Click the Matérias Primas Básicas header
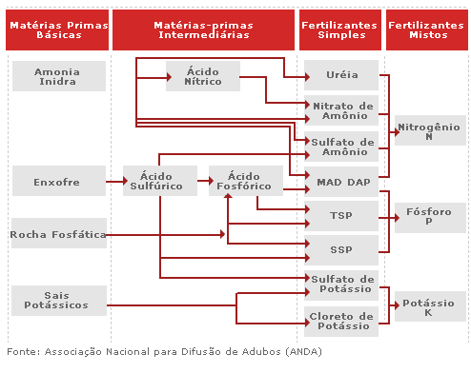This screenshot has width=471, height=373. [x=58, y=29]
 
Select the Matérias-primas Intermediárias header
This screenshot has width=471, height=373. [x=203, y=29]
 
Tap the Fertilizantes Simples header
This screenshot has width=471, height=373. [x=340, y=29]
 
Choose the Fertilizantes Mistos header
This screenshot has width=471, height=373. [x=426, y=29]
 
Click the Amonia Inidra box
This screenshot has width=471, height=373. [x=58, y=76]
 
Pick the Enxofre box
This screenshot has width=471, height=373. [x=58, y=181]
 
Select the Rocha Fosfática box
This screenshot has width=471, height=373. [x=58, y=233]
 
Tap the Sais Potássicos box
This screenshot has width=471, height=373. [x=58, y=300]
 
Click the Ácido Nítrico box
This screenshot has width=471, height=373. [x=203, y=76]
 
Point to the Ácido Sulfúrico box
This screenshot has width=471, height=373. [x=159, y=181]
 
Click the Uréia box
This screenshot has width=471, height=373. [x=341, y=74]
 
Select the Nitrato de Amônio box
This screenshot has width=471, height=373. [x=341, y=110]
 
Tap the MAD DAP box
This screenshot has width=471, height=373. [x=341, y=181]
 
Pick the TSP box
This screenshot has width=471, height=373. [x=341, y=216]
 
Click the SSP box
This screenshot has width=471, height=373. [x=341, y=249]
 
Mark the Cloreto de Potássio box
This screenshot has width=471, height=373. [x=341, y=321]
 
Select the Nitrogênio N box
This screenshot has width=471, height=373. [x=430, y=130]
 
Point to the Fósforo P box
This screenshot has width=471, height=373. [x=430, y=216]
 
